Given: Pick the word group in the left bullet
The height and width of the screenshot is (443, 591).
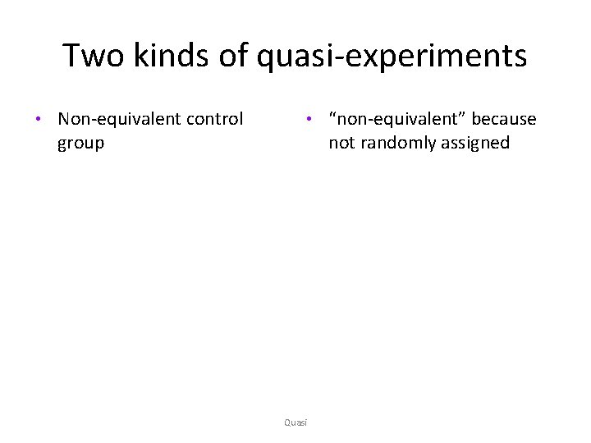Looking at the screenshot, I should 80,144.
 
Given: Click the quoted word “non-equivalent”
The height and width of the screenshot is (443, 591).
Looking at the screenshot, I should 397,119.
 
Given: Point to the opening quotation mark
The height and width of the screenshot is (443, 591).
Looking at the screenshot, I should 332,115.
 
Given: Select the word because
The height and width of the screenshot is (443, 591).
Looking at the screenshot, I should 504,119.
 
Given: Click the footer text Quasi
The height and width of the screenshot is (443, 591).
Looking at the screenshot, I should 295,422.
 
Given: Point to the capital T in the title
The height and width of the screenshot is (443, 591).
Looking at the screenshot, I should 71,56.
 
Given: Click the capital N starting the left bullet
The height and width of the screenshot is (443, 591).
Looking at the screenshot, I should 64,119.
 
